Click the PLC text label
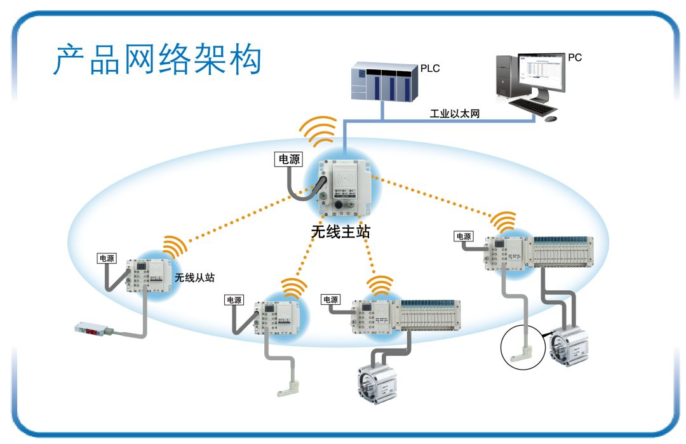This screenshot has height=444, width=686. click(430, 67)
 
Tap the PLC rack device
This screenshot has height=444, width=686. click(384, 81)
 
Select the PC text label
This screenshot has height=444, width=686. click(575, 57)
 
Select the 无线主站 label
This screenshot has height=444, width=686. click(340, 231)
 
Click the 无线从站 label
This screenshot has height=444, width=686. click(194, 277)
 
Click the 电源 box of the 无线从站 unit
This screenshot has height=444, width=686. click(107, 259)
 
